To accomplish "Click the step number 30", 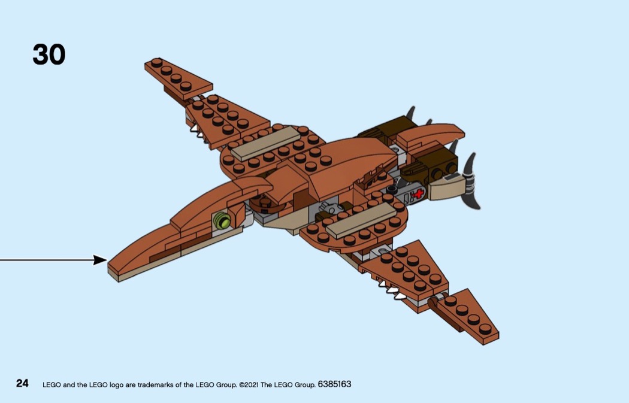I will (x=49, y=54).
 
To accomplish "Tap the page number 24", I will (x=22, y=383).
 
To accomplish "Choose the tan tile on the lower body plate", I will (x=361, y=219).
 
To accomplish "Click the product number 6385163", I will (x=334, y=384).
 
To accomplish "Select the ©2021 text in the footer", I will (x=249, y=384).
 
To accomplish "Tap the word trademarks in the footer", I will (x=156, y=384).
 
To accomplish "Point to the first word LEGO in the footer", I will (x=52, y=384).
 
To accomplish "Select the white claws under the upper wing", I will (x=196, y=128).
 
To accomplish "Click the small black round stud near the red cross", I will (x=392, y=189).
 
